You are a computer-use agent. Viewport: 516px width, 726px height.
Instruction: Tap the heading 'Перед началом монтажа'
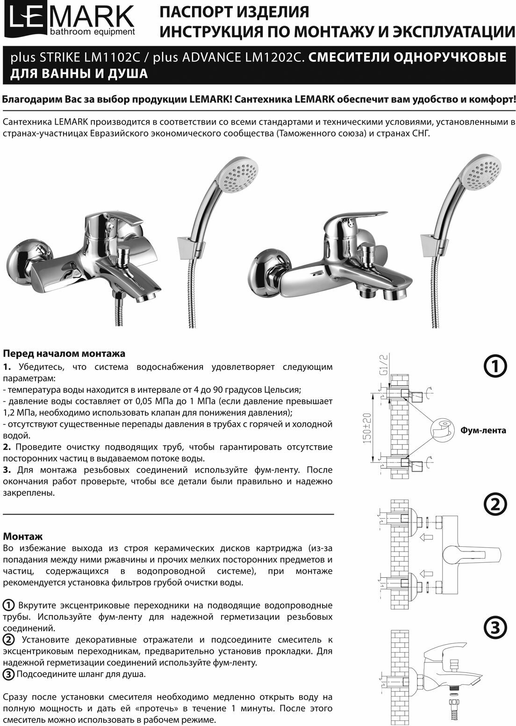point(64,353)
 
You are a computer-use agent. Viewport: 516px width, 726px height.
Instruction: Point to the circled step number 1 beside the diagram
point(494,367)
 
